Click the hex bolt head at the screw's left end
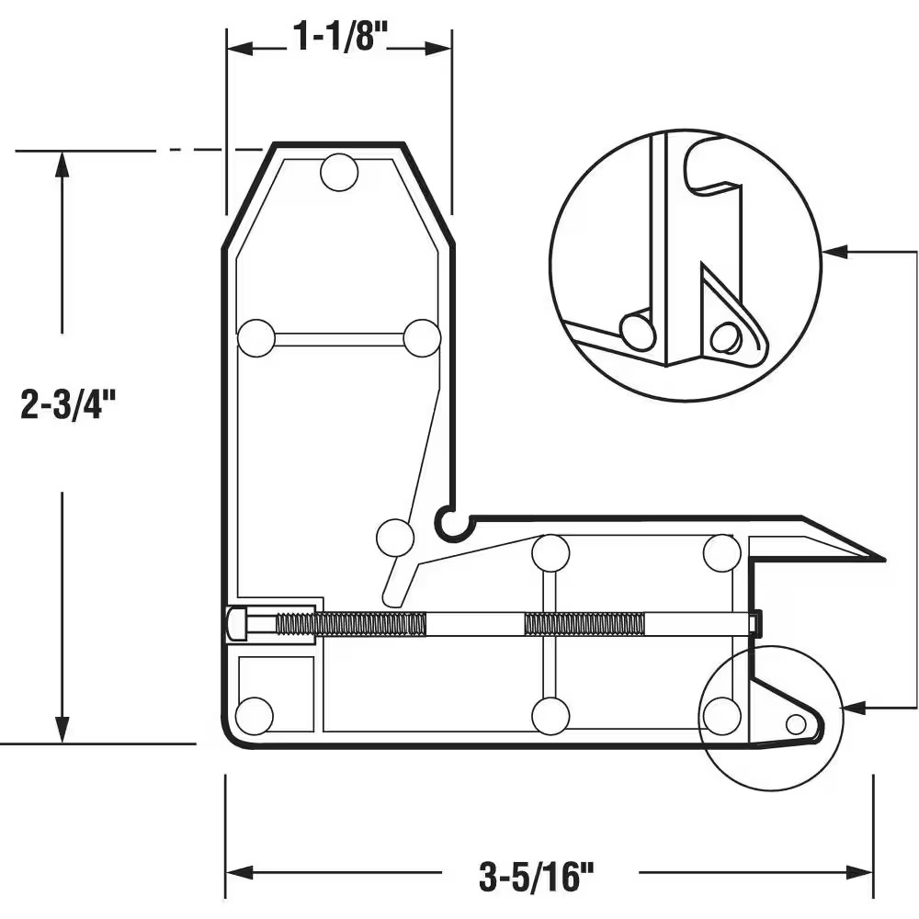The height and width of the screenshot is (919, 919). (237, 624)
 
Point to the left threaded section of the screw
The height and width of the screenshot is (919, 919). (352, 624)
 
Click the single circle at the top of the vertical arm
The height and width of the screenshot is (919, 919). (337, 172)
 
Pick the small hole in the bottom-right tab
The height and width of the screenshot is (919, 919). (795, 724)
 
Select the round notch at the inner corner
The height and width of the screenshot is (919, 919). (451, 523)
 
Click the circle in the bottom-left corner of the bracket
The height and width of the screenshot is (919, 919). (255, 715)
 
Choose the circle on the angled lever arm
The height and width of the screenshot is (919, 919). (395, 537)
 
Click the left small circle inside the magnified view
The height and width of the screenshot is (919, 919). (636, 330)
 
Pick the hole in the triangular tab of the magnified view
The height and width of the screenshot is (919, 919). (725, 338)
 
